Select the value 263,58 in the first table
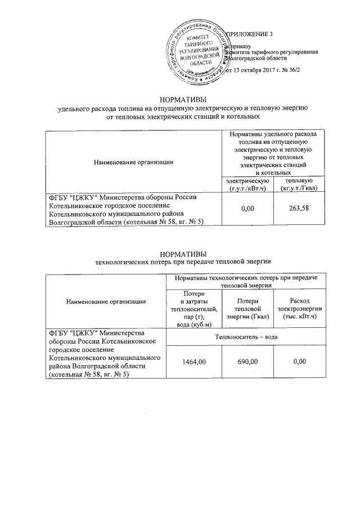point(296,209)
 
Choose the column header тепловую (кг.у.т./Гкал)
point(296,183)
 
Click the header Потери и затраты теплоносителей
point(190,309)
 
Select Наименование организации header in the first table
point(133,163)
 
